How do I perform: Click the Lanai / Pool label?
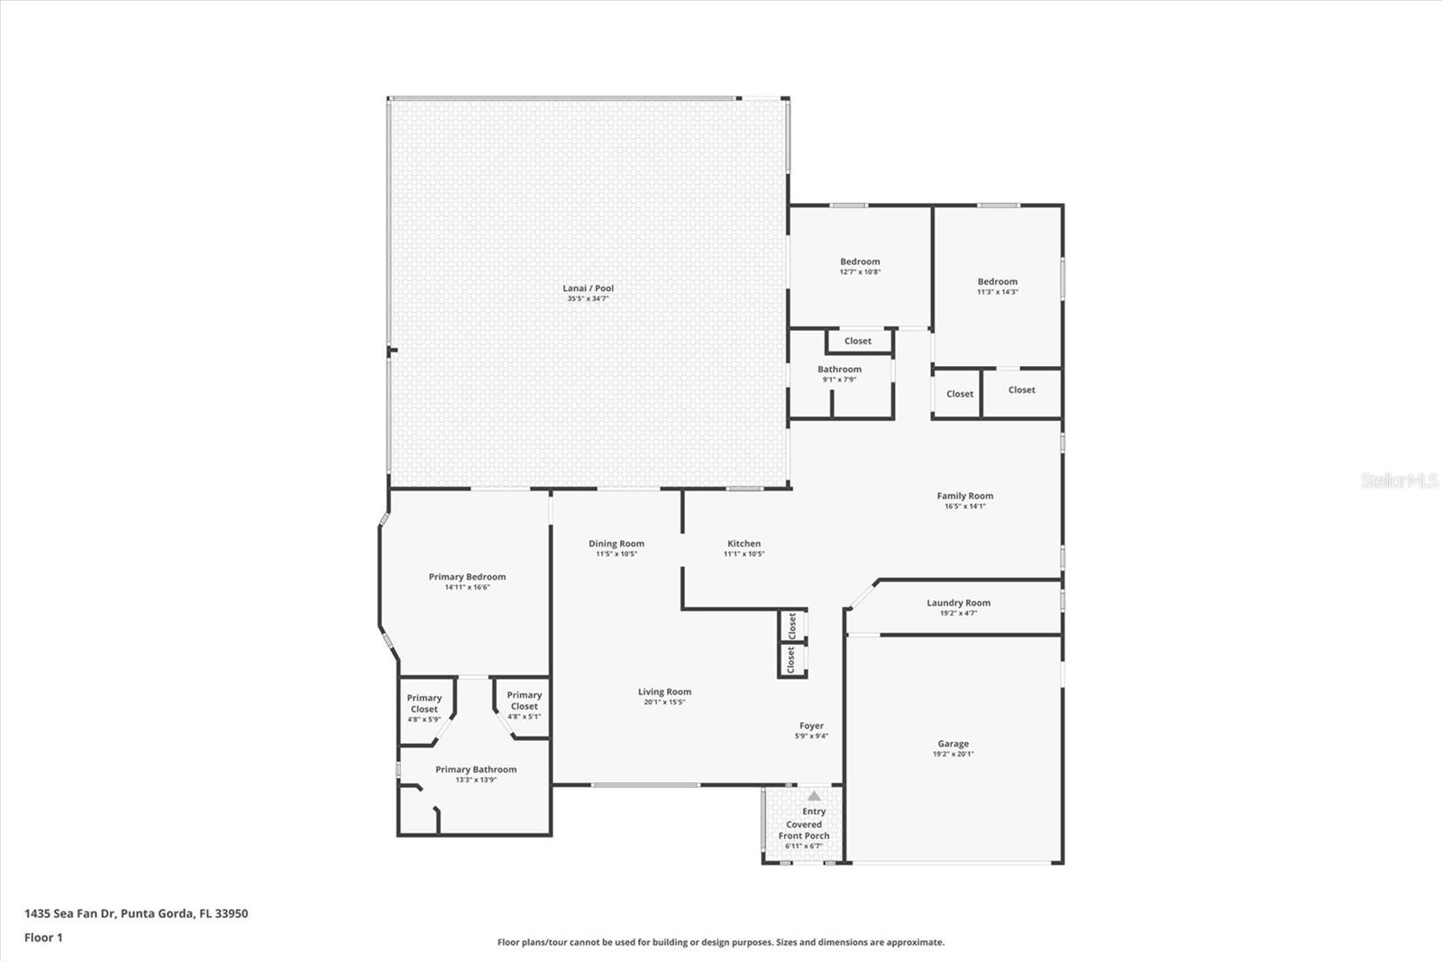coord(588,288)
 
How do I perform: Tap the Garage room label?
coord(953,744)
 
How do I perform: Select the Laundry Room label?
coord(958,603)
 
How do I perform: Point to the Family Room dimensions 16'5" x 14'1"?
coord(964,507)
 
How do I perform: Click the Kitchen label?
coord(744,544)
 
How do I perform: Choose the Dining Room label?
coord(616,544)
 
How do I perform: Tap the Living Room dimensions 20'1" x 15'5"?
coord(664,702)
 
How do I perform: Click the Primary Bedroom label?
coord(467,577)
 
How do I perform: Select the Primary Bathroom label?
coord(476,770)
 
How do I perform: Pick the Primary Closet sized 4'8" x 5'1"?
coord(524,701)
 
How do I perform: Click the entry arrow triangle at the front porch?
coord(814,796)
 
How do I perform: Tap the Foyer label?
coord(811,726)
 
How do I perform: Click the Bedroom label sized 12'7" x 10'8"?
coord(860,261)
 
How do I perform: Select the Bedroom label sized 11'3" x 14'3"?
coord(997,281)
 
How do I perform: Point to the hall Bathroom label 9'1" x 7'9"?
coord(839,370)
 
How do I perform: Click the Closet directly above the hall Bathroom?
coord(857,341)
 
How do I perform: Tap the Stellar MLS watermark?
coord(1399,480)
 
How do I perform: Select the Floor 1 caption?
coord(43,938)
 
